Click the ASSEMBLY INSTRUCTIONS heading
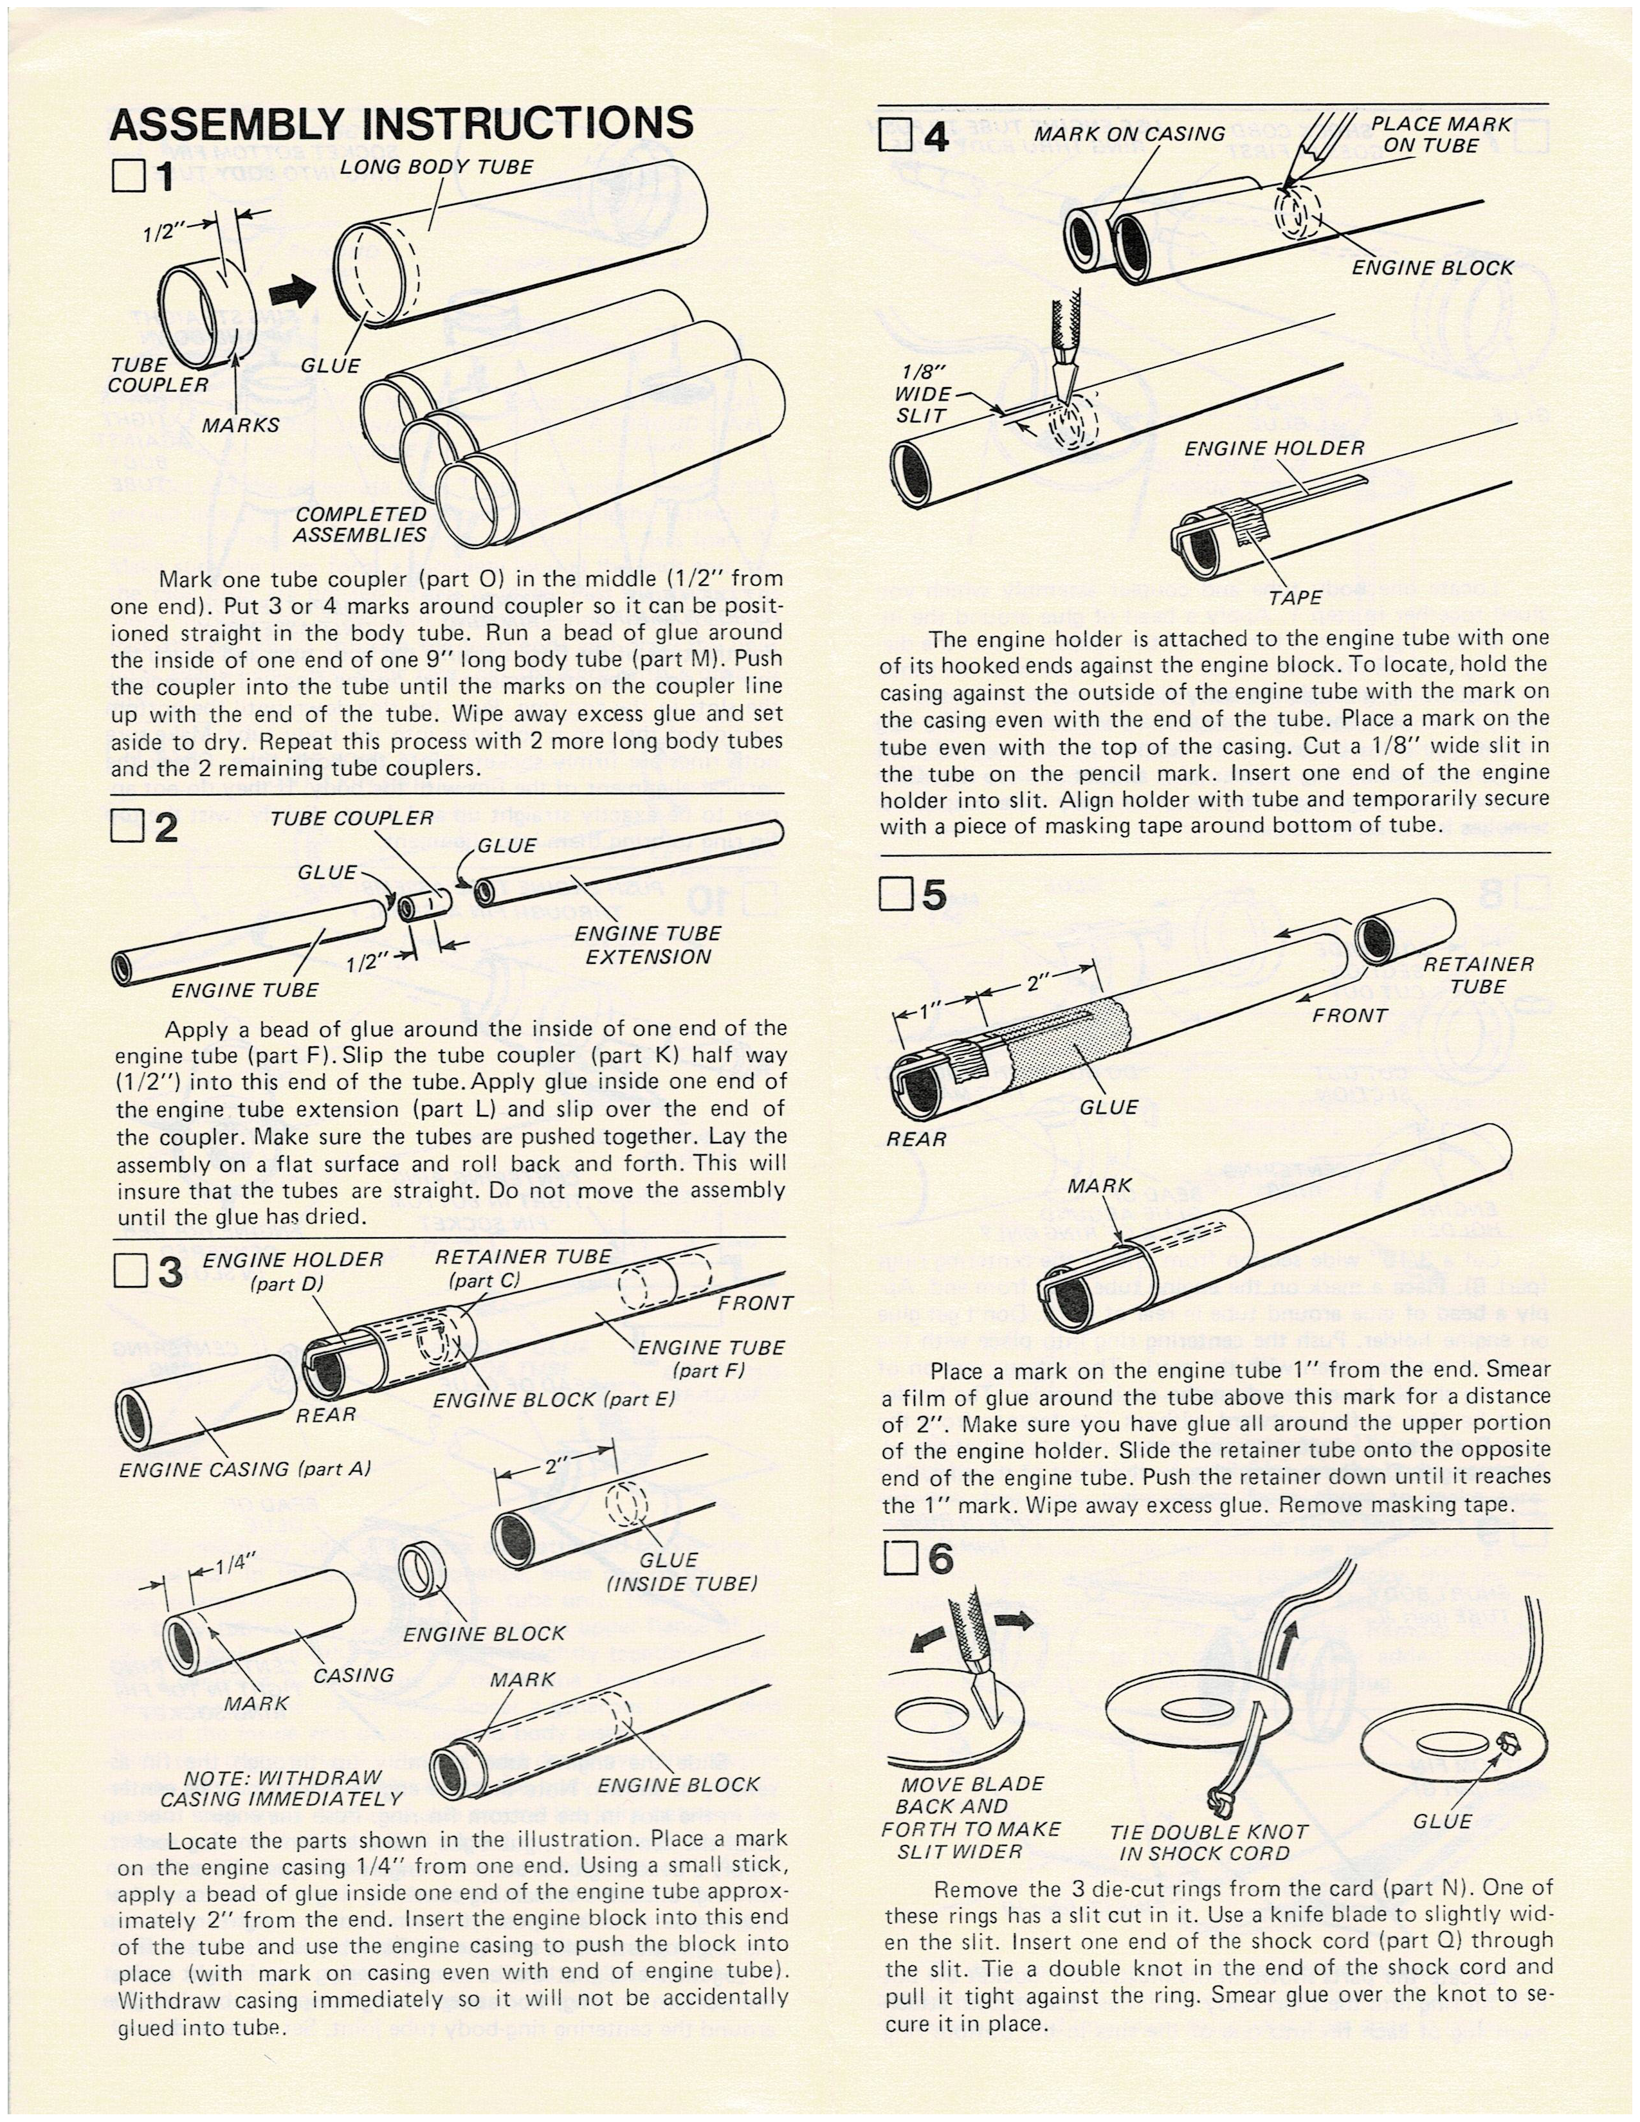[x=401, y=124]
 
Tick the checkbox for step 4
[x=892, y=135]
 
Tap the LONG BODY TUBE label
[x=436, y=167]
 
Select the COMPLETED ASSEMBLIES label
[x=360, y=525]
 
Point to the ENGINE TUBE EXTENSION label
[x=648, y=945]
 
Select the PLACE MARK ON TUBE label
[x=1440, y=135]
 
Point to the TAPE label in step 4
[x=1295, y=597]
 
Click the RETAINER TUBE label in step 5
[x=1478, y=975]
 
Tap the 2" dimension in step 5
[x=1037, y=983]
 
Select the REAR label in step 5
[x=915, y=1139]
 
